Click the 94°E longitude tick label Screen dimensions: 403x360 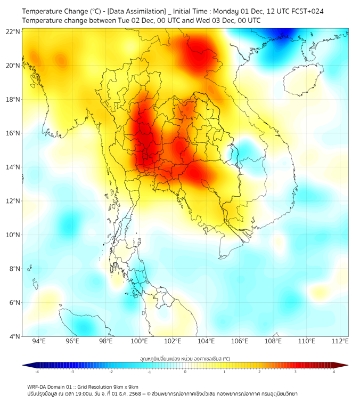39,341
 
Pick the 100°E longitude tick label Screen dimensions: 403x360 140,341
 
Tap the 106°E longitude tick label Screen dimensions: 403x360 240,341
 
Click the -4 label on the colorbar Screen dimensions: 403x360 36,372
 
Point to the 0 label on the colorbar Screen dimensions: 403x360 185,372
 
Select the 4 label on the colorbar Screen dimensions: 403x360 334,372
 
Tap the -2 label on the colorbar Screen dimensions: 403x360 111,372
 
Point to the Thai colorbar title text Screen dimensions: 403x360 185,359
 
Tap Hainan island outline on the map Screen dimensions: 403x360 301,80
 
